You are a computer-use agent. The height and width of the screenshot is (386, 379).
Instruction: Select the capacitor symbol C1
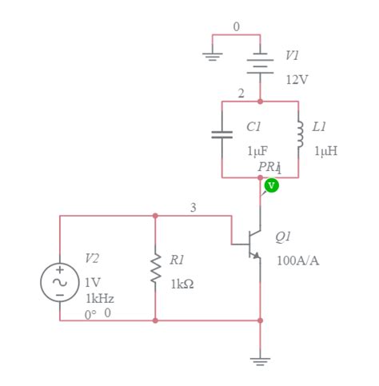221,133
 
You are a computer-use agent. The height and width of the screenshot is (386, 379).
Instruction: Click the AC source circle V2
60,281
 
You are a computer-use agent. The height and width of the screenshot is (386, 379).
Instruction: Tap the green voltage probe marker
272,185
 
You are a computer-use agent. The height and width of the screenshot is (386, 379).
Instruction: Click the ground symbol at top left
212,55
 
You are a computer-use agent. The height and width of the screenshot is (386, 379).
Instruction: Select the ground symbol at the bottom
260,360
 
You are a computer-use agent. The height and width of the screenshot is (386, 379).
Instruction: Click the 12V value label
297,80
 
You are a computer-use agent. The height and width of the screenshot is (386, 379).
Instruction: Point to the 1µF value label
257,150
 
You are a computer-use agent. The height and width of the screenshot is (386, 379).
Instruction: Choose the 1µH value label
325,150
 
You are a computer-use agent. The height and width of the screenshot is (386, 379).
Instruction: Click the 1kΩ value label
182,284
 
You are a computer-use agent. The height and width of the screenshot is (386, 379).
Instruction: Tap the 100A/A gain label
297,261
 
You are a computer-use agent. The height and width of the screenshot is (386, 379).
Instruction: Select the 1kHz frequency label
99,298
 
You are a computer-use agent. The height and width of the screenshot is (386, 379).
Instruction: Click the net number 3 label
193,208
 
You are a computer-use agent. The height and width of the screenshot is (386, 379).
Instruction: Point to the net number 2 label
241,94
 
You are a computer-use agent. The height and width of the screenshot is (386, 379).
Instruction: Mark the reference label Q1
283,237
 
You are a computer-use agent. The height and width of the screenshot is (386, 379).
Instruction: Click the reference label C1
253,126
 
